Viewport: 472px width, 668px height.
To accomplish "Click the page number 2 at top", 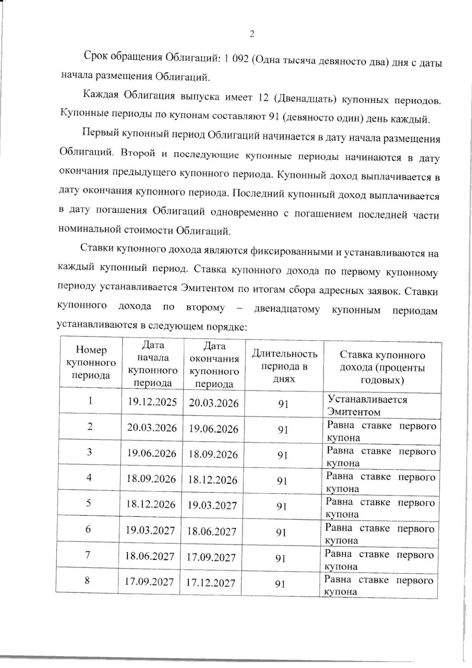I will pos(252,34).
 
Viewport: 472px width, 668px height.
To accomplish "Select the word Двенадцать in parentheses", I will pos(304,98).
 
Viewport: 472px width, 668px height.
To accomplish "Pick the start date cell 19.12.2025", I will pos(152,402).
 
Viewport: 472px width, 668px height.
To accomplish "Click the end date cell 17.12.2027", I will pos(210,583).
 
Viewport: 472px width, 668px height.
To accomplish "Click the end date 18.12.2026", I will pos(212,480).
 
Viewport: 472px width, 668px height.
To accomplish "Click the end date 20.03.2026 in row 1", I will pos(214,403).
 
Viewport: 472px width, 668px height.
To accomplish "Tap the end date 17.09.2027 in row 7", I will pos(211,557).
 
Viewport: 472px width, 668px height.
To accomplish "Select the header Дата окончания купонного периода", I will pos(214,365).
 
